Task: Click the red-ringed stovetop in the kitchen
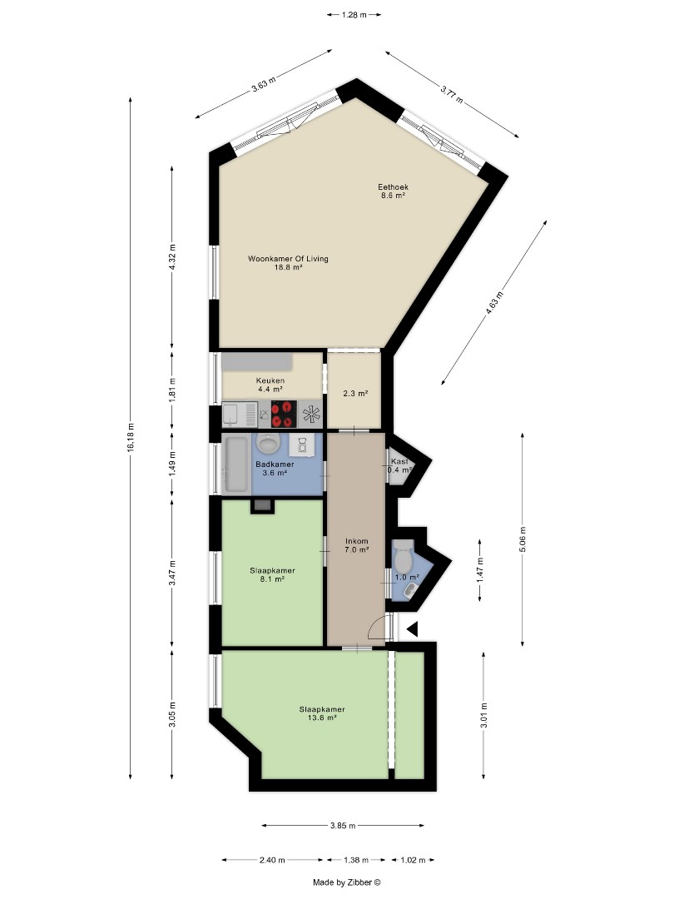pos(284,414)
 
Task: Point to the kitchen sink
pos(240,414)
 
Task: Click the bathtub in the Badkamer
pos(236,464)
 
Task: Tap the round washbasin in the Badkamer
pos(268,443)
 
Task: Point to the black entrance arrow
pos(412,629)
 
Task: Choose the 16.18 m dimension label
pos(131,438)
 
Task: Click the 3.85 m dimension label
pos(343,826)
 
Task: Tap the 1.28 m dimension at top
pos(354,15)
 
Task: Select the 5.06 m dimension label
pos(522,539)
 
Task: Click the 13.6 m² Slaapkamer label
pos(322,713)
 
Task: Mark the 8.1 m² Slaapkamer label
pos(273,574)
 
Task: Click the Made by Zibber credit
pos(347,882)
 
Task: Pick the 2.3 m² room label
pos(355,394)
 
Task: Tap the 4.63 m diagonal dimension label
pos(494,303)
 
